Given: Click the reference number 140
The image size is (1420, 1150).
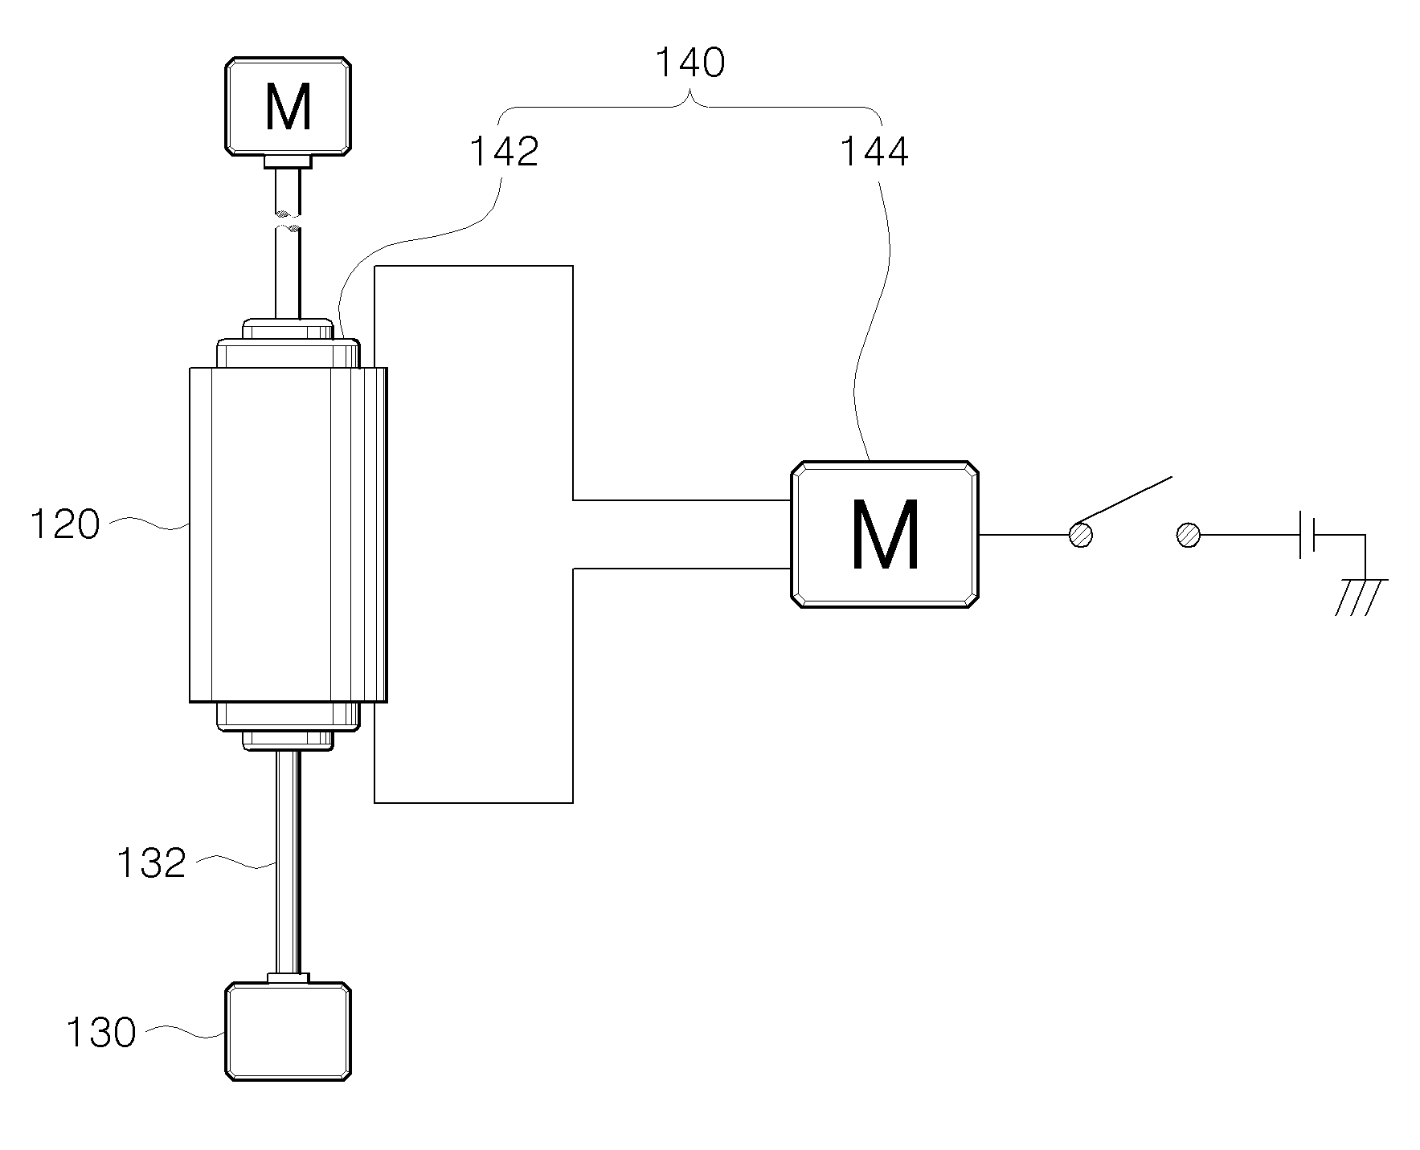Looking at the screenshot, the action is point(690,63).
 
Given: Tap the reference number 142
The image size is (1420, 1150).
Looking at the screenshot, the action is point(504,152).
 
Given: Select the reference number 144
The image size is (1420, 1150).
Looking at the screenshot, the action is point(874,152).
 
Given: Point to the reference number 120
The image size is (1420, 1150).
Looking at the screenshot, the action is point(64,525).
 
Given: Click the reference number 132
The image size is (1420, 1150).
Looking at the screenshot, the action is point(151,863).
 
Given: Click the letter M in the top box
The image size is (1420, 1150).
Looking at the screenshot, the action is point(288,108).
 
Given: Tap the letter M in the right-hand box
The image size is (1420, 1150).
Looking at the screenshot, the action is point(885,536).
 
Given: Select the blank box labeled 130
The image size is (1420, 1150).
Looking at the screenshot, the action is point(288,1031).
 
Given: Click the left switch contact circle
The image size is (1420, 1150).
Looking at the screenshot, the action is point(1081,535).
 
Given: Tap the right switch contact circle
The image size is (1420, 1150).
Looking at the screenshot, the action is point(1188,535).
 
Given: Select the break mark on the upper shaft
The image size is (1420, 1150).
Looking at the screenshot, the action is point(288,222).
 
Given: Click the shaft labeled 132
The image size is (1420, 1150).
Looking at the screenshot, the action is point(288,862).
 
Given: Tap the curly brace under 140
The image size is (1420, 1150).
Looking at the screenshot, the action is point(690,109).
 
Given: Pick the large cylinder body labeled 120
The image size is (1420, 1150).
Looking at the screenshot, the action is point(288,535).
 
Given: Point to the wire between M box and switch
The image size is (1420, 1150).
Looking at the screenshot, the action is point(1024,535).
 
